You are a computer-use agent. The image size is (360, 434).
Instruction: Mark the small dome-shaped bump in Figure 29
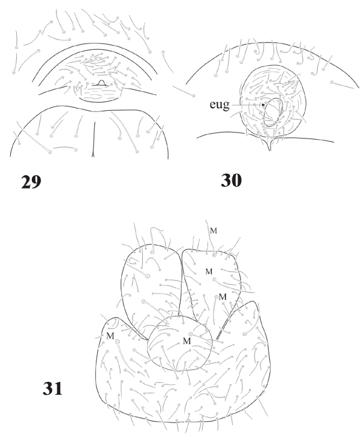[x=101, y=83]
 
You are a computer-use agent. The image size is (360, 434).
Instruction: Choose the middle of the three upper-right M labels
[x=209, y=272]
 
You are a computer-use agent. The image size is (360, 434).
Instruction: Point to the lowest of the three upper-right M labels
[x=221, y=297]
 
